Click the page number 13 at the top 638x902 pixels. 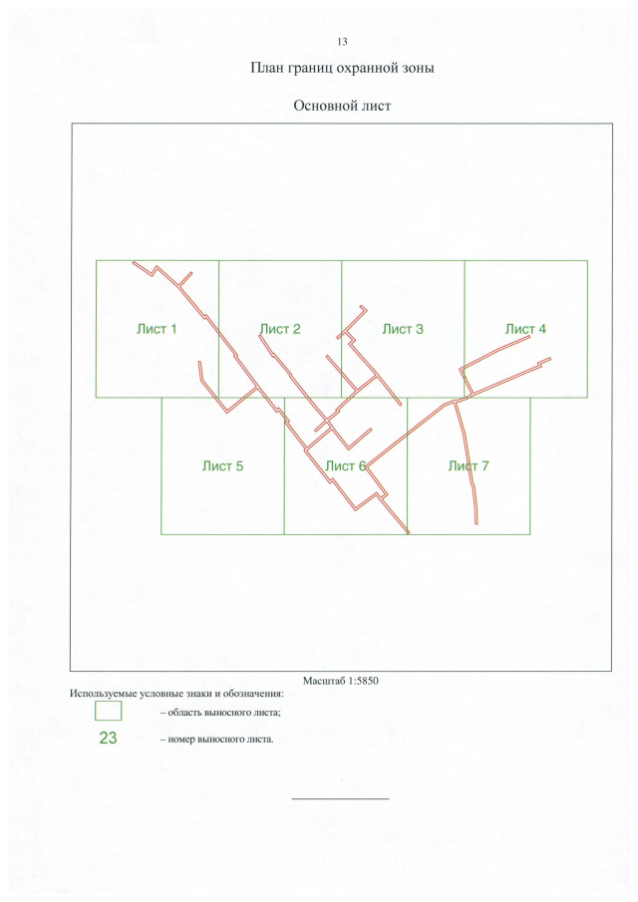pos(342,42)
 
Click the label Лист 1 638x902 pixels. pos(157,329)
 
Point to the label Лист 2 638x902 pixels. pos(280,329)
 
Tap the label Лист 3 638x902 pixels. pos(403,329)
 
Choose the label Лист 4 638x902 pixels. pos(525,329)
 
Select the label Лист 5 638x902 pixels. pos(222,466)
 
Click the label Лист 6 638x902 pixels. pos(346,466)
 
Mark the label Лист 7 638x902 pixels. pos(469,466)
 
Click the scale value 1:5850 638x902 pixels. pos(364,681)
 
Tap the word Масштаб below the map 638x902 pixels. pos(324,681)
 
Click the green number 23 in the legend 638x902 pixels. pos(108,739)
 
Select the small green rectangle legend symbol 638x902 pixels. pos(108,711)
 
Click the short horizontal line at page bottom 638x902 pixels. pos(341,798)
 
